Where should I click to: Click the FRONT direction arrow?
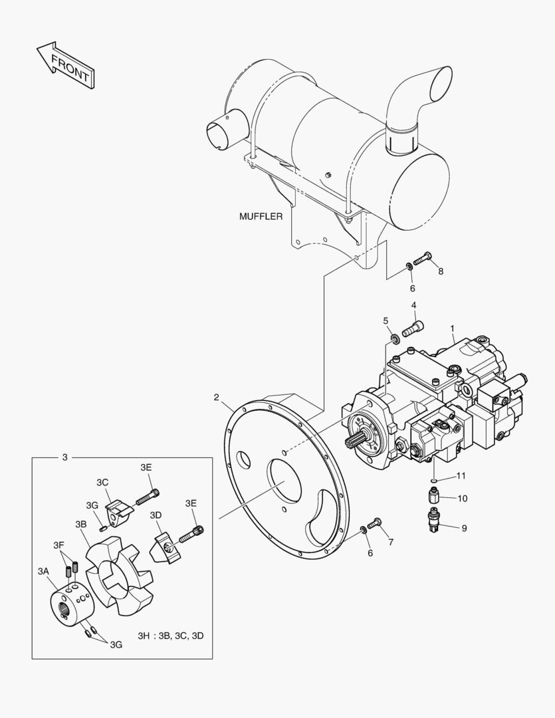[66, 65]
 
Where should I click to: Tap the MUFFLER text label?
[261, 216]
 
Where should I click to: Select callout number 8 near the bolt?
[441, 271]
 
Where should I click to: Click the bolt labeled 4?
[413, 329]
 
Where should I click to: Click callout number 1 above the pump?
[453, 328]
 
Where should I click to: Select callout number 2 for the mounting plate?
[217, 397]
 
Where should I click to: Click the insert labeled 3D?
[166, 547]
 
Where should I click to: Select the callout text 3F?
[58, 545]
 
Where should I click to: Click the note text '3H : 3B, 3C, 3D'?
[171, 636]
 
